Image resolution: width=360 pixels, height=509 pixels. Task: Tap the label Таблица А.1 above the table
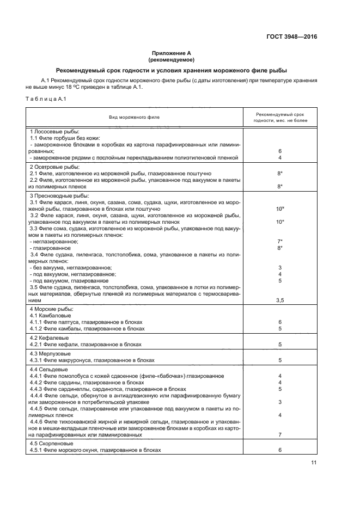(x=46, y=98)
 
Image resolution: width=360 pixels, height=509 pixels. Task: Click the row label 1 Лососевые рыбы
(x=54, y=132)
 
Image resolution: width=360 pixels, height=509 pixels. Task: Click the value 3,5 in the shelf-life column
(x=279, y=300)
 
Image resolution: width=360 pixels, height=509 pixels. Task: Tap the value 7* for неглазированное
(x=279, y=241)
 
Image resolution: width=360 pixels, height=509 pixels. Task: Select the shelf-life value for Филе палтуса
(x=279, y=322)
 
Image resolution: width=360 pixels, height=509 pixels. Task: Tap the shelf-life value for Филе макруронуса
(x=279, y=360)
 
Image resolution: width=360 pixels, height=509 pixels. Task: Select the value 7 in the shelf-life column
(x=279, y=435)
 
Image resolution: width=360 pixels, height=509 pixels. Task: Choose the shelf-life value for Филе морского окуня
(x=279, y=450)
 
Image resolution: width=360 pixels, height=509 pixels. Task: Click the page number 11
(x=314, y=463)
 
